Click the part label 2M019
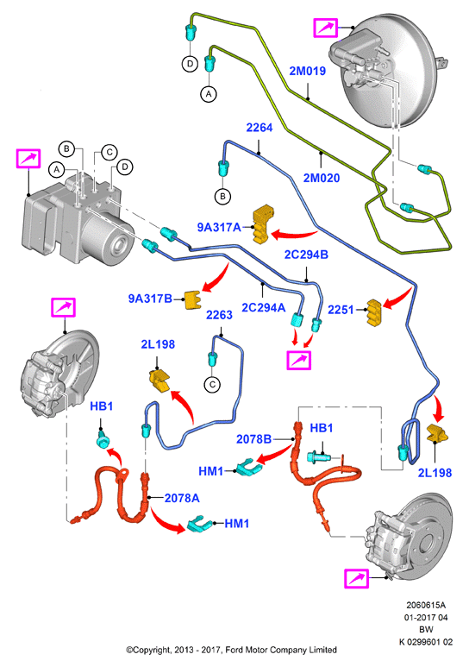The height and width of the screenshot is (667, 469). [307, 71]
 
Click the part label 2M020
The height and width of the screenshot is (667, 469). [322, 178]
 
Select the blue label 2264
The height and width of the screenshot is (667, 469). [260, 127]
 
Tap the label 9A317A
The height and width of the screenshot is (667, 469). [219, 227]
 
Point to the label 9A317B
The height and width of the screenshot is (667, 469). [151, 299]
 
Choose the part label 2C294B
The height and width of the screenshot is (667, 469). [306, 255]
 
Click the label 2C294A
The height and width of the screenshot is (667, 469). [263, 307]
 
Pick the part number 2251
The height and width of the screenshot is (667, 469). [341, 310]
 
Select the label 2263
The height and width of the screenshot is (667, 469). [219, 315]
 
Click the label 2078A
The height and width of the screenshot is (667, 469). [182, 498]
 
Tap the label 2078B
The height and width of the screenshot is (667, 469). [253, 438]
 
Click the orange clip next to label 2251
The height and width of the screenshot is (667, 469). [374, 312]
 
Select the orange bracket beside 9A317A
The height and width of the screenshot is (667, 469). [263, 224]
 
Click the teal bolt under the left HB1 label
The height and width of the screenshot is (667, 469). [103, 440]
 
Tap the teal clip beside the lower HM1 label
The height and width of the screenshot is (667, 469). [199, 524]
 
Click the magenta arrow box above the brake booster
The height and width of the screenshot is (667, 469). [326, 28]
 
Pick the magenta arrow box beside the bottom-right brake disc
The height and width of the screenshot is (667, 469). [356, 578]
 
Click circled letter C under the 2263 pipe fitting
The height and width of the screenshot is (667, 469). [213, 385]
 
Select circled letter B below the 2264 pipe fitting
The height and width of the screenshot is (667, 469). [222, 197]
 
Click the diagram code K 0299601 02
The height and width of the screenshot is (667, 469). [426, 642]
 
